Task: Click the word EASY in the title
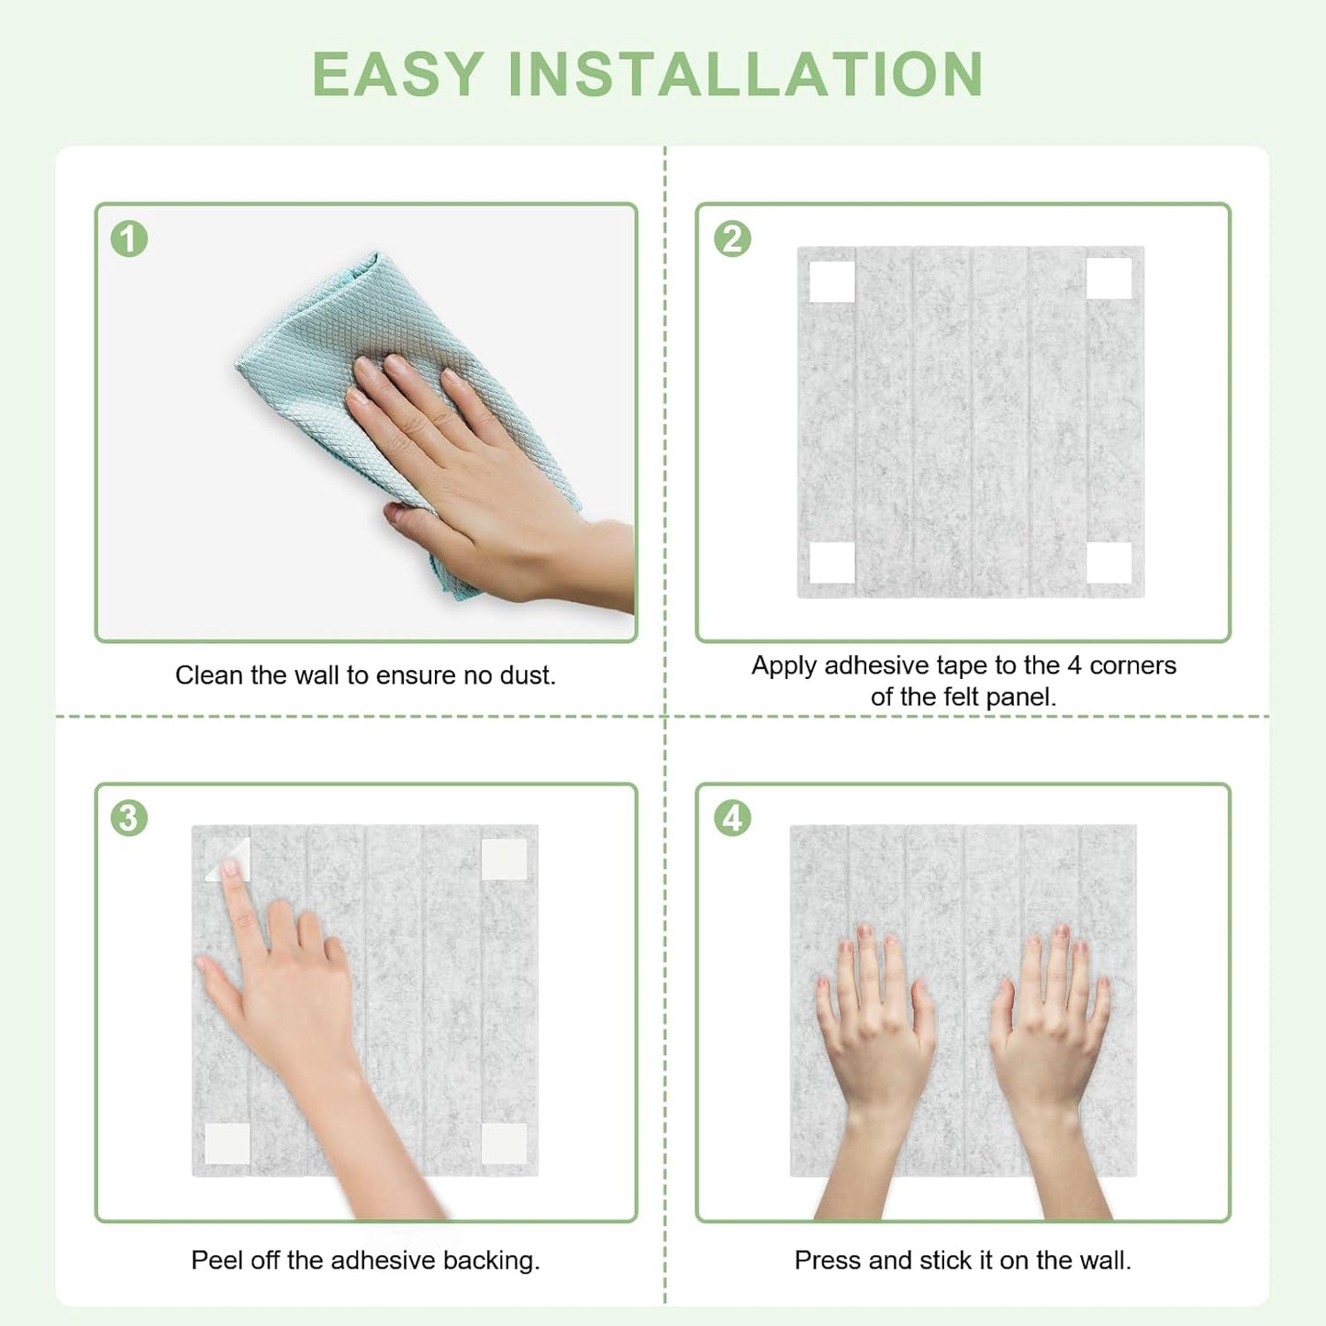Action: (x=397, y=73)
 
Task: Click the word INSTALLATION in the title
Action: (x=745, y=73)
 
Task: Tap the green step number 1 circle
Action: (x=129, y=239)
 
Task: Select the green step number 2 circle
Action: (x=732, y=239)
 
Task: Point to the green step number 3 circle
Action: (x=129, y=818)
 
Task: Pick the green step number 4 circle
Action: (x=732, y=818)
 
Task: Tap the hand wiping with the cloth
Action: (x=477, y=477)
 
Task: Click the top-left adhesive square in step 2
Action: (x=832, y=281)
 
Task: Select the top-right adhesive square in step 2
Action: (x=1109, y=279)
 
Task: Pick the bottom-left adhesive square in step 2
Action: (x=832, y=562)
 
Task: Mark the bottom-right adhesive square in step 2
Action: (x=1109, y=562)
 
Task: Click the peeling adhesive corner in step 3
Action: (x=227, y=859)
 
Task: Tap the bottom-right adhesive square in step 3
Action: (x=504, y=1143)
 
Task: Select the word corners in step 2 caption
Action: (x=1132, y=665)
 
